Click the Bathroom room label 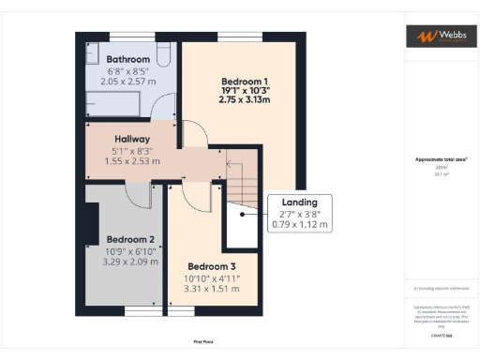(127, 58)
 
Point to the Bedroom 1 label (244, 80)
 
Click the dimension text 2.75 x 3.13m (244, 99)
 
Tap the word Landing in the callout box (300, 202)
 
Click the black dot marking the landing (243, 214)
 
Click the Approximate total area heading (439, 159)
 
